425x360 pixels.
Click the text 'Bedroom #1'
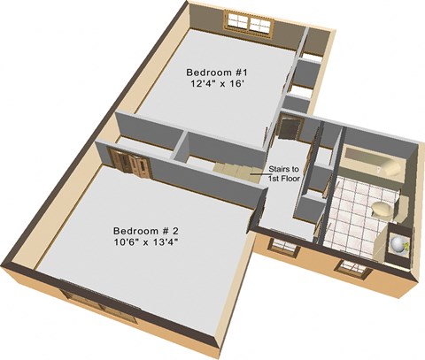(217, 73)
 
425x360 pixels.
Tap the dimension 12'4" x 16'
(218, 84)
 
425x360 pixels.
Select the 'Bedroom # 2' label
(146, 231)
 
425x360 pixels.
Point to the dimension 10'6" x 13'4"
(146, 242)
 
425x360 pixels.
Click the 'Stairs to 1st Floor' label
(284, 173)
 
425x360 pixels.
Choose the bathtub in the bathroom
(373, 163)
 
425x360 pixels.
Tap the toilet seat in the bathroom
(382, 210)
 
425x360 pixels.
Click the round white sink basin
(398, 244)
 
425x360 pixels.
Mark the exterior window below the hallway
(284, 247)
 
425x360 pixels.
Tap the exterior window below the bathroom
(353, 268)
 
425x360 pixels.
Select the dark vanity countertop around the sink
(398, 244)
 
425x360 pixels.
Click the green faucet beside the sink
(407, 245)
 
